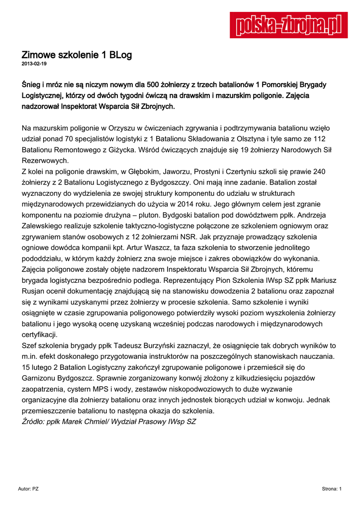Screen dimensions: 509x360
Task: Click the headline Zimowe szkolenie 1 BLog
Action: click(x=77, y=55)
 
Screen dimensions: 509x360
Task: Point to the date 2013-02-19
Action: click(x=34, y=64)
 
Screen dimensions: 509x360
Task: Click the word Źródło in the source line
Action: click(x=36, y=422)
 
